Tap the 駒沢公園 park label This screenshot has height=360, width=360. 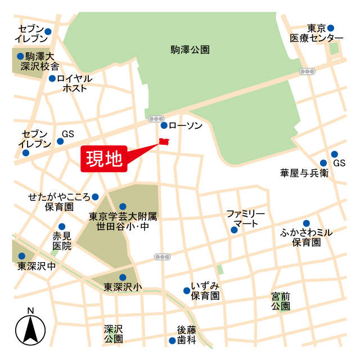(x=190, y=49)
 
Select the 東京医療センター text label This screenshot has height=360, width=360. (x=317, y=33)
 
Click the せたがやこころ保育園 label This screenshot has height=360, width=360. (x=60, y=202)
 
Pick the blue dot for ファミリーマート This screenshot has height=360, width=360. (x=235, y=229)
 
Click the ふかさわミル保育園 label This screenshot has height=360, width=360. (x=306, y=237)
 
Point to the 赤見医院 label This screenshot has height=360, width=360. (x=62, y=241)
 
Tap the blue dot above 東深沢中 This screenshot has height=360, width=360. (x=22, y=256)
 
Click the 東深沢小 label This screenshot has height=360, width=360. (x=123, y=287)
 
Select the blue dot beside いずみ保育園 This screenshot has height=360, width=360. (x=186, y=291)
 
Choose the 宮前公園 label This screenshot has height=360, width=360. (x=280, y=301)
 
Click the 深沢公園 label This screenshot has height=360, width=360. (x=113, y=334)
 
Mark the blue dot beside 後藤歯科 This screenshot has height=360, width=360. (x=172, y=340)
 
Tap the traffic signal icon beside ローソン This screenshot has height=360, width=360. (x=155, y=119)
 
